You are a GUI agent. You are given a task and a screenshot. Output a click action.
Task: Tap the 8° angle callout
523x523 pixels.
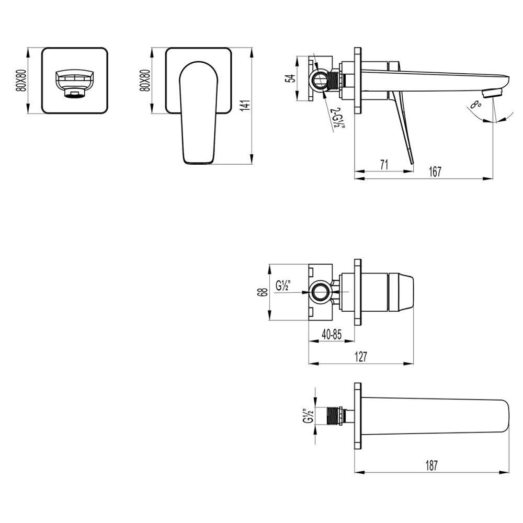[x=475, y=105]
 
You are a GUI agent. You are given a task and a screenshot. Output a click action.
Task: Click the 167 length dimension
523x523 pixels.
[x=435, y=171]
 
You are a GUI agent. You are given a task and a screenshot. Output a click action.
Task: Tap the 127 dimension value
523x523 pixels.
[x=361, y=357]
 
